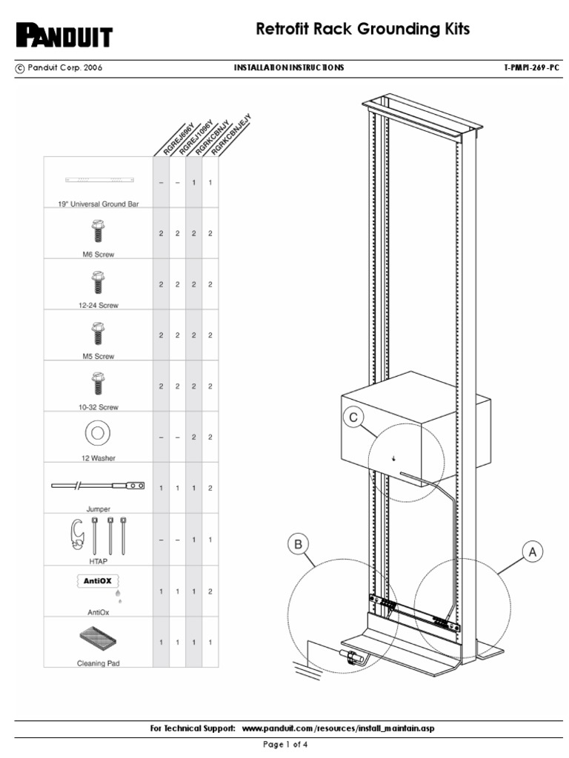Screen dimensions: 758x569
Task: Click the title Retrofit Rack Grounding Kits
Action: point(362,30)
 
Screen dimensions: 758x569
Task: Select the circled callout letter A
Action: point(531,551)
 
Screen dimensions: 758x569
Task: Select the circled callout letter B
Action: point(298,545)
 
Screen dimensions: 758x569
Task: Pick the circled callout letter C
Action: point(353,418)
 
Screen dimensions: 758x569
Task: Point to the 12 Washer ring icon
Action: point(97,433)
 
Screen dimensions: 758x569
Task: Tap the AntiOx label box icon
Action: point(98,581)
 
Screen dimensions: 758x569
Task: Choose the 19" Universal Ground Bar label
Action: point(98,204)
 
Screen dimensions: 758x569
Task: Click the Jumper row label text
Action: point(98,509)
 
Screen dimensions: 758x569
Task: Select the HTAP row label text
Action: point(98,561)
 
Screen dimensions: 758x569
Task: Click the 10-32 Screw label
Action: point(98,407)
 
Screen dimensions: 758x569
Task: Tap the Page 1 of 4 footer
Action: point(285,745)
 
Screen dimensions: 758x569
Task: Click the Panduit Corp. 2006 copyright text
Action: point(59,67)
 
